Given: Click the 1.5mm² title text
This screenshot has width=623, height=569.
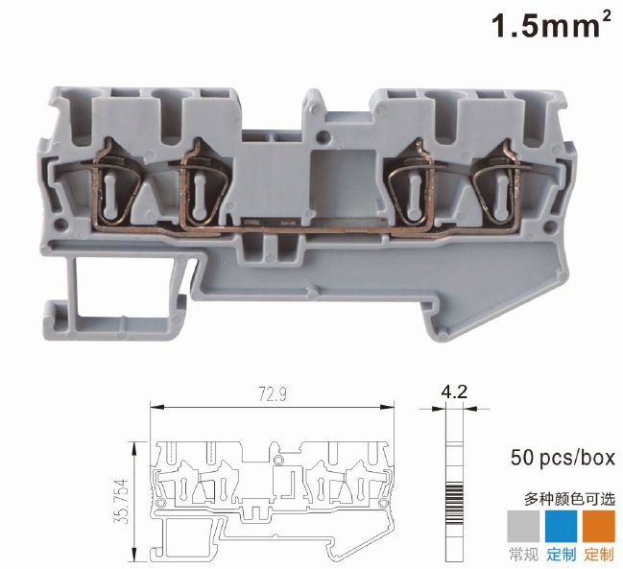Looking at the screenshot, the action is (551, 25).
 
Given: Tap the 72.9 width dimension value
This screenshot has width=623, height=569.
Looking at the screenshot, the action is (273, 394).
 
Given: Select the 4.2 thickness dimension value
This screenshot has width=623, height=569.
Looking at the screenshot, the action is (454, 391).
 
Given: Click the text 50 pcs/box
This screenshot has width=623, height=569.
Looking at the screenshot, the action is (563, 457).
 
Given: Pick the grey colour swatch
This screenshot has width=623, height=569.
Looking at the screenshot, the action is (523, 526).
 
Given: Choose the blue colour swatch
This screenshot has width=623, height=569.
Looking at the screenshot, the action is (561, 526).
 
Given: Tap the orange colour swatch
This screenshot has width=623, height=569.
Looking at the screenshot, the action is (598, 526).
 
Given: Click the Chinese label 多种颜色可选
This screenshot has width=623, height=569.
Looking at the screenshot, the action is (570, 499).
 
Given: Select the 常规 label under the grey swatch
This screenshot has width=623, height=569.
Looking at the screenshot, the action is (523, 555).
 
